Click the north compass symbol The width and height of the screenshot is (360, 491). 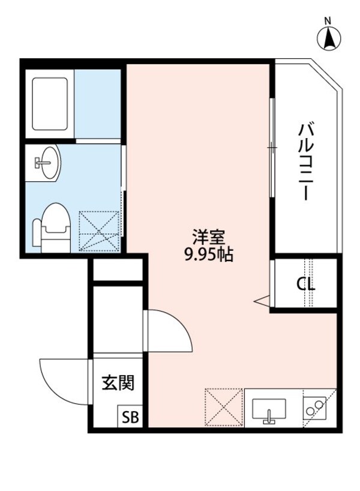[328, 39]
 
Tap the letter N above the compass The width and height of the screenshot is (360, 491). [328, 21]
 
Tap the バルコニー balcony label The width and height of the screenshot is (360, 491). [305, 161]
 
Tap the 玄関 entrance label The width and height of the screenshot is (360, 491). [117, 382]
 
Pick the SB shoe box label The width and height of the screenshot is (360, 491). [130, 417]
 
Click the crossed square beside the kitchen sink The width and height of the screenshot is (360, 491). [224, 408]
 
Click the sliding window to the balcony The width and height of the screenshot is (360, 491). [272, 146]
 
